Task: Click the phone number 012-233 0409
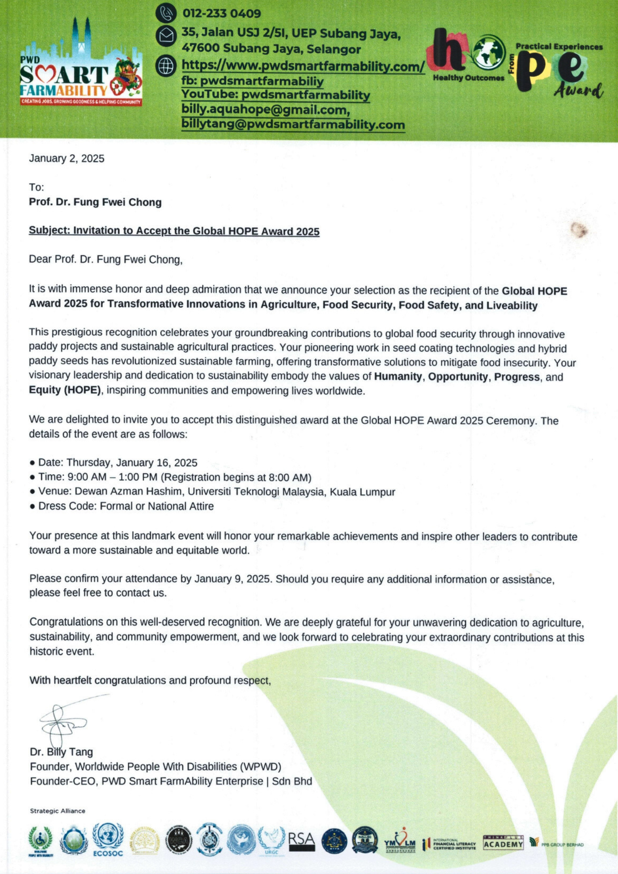click(222, 14)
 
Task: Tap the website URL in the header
click(303, 66)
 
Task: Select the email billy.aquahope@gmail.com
click(265, 110)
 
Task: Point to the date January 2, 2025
click(66, 158)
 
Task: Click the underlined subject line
click(174, 231)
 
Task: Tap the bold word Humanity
click(398, 377)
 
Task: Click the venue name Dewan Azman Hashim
click(128, 491)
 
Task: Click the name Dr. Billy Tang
click(61, 752)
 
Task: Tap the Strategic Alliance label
click(58, 811)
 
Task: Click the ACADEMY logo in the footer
click(503, 843)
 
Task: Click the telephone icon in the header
click(166, 13)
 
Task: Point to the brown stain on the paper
click(580, 230)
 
